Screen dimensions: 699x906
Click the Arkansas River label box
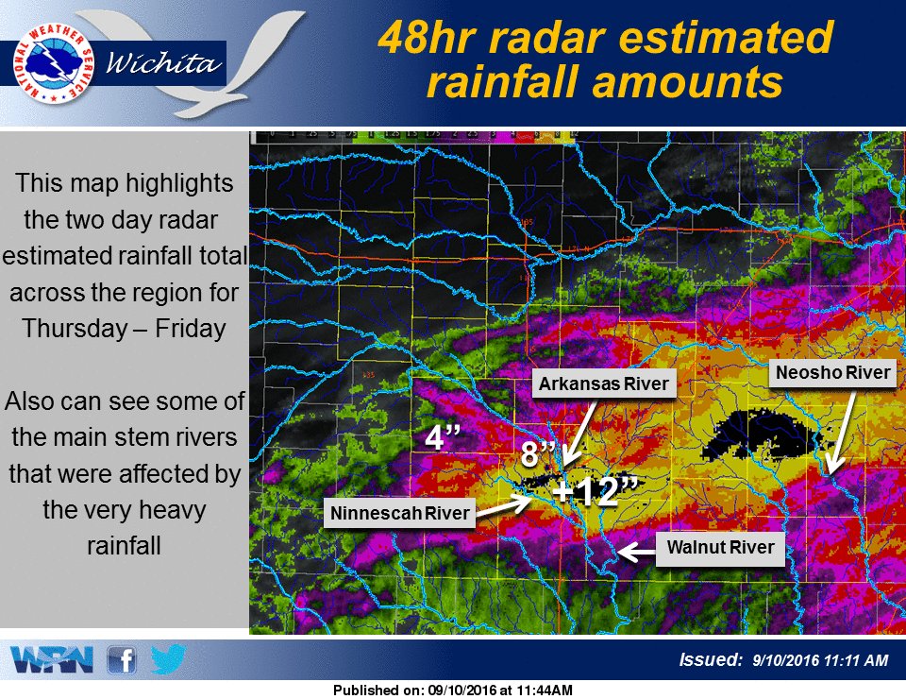click(603, 384)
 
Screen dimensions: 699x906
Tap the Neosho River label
click(831, 373)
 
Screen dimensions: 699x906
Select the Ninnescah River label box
click(399, 514)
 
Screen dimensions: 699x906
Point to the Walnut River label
click(720, 547)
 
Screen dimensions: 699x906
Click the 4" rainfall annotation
click(442, 438)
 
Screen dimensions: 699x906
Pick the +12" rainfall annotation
click(596, 491)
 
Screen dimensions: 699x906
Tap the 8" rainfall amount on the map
click(537, 454)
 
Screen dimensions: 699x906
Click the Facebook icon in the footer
click(121, 659)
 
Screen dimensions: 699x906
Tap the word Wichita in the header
click(165, 64)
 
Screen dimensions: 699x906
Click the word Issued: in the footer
click(712, 659)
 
